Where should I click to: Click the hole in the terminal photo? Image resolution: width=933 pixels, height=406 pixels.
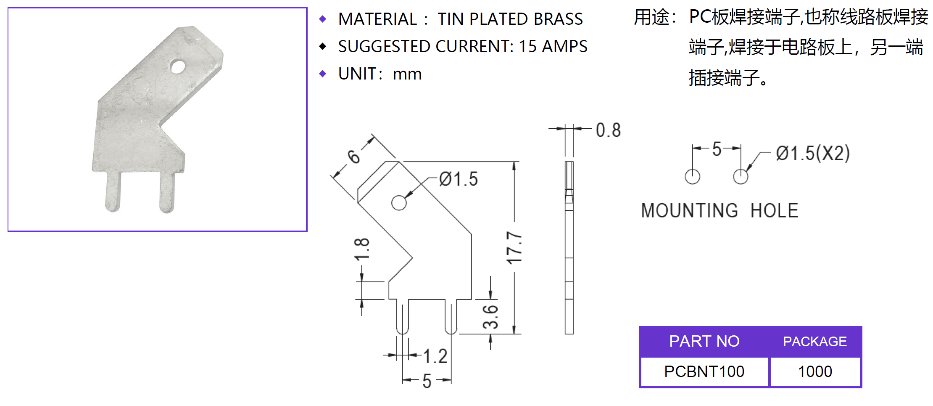177,66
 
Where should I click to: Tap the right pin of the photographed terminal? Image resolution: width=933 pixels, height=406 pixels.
167,193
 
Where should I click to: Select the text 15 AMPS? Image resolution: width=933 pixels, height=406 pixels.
553,47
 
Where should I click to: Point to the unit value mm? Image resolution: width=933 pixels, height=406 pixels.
407,74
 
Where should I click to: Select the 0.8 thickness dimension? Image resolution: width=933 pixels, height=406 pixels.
608,130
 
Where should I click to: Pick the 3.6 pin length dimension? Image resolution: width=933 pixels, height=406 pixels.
490,317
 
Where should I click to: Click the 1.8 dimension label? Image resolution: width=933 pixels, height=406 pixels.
362,249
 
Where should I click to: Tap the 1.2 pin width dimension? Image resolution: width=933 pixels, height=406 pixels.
435,356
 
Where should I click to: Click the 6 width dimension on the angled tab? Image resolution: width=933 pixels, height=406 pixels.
354,157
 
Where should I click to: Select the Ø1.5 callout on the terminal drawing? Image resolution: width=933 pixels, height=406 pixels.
459,179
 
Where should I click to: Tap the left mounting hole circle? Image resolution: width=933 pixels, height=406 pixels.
692,177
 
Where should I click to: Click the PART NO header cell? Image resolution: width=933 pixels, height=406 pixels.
704,341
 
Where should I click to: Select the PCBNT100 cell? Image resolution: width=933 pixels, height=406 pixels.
704,372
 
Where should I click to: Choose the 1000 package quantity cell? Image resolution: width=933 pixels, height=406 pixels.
815,372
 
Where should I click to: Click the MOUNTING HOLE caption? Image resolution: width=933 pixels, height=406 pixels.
720,211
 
